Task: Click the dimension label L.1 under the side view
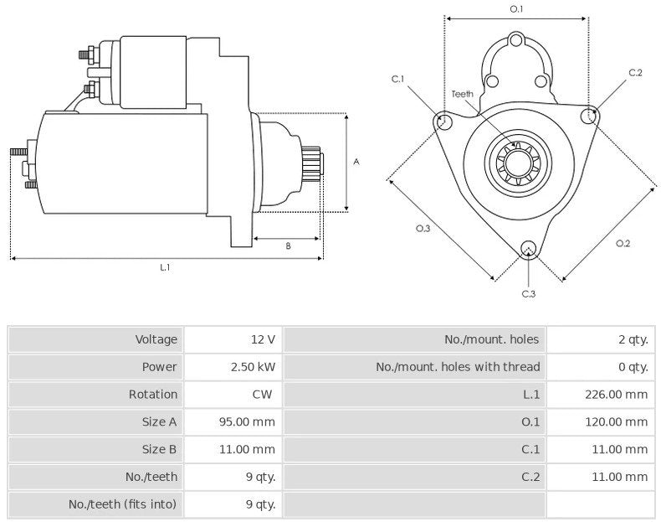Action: (165, 267)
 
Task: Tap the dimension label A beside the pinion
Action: (356, 162)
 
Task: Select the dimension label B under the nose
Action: (288, 246)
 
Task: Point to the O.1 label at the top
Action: (516, 9)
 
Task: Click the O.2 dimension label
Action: (623, 243)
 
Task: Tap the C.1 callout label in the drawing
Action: (397, 79)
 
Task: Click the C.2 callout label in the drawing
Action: (635, 73)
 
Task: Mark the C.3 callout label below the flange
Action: (528, 293)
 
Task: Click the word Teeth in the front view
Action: (463, 94)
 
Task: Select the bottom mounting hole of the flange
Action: (527, 247)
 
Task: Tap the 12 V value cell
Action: (263, 339)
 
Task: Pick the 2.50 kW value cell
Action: (253, 366)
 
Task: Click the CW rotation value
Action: (264, 394)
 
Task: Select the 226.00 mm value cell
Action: (617, 394)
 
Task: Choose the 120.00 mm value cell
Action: (617, 421)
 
